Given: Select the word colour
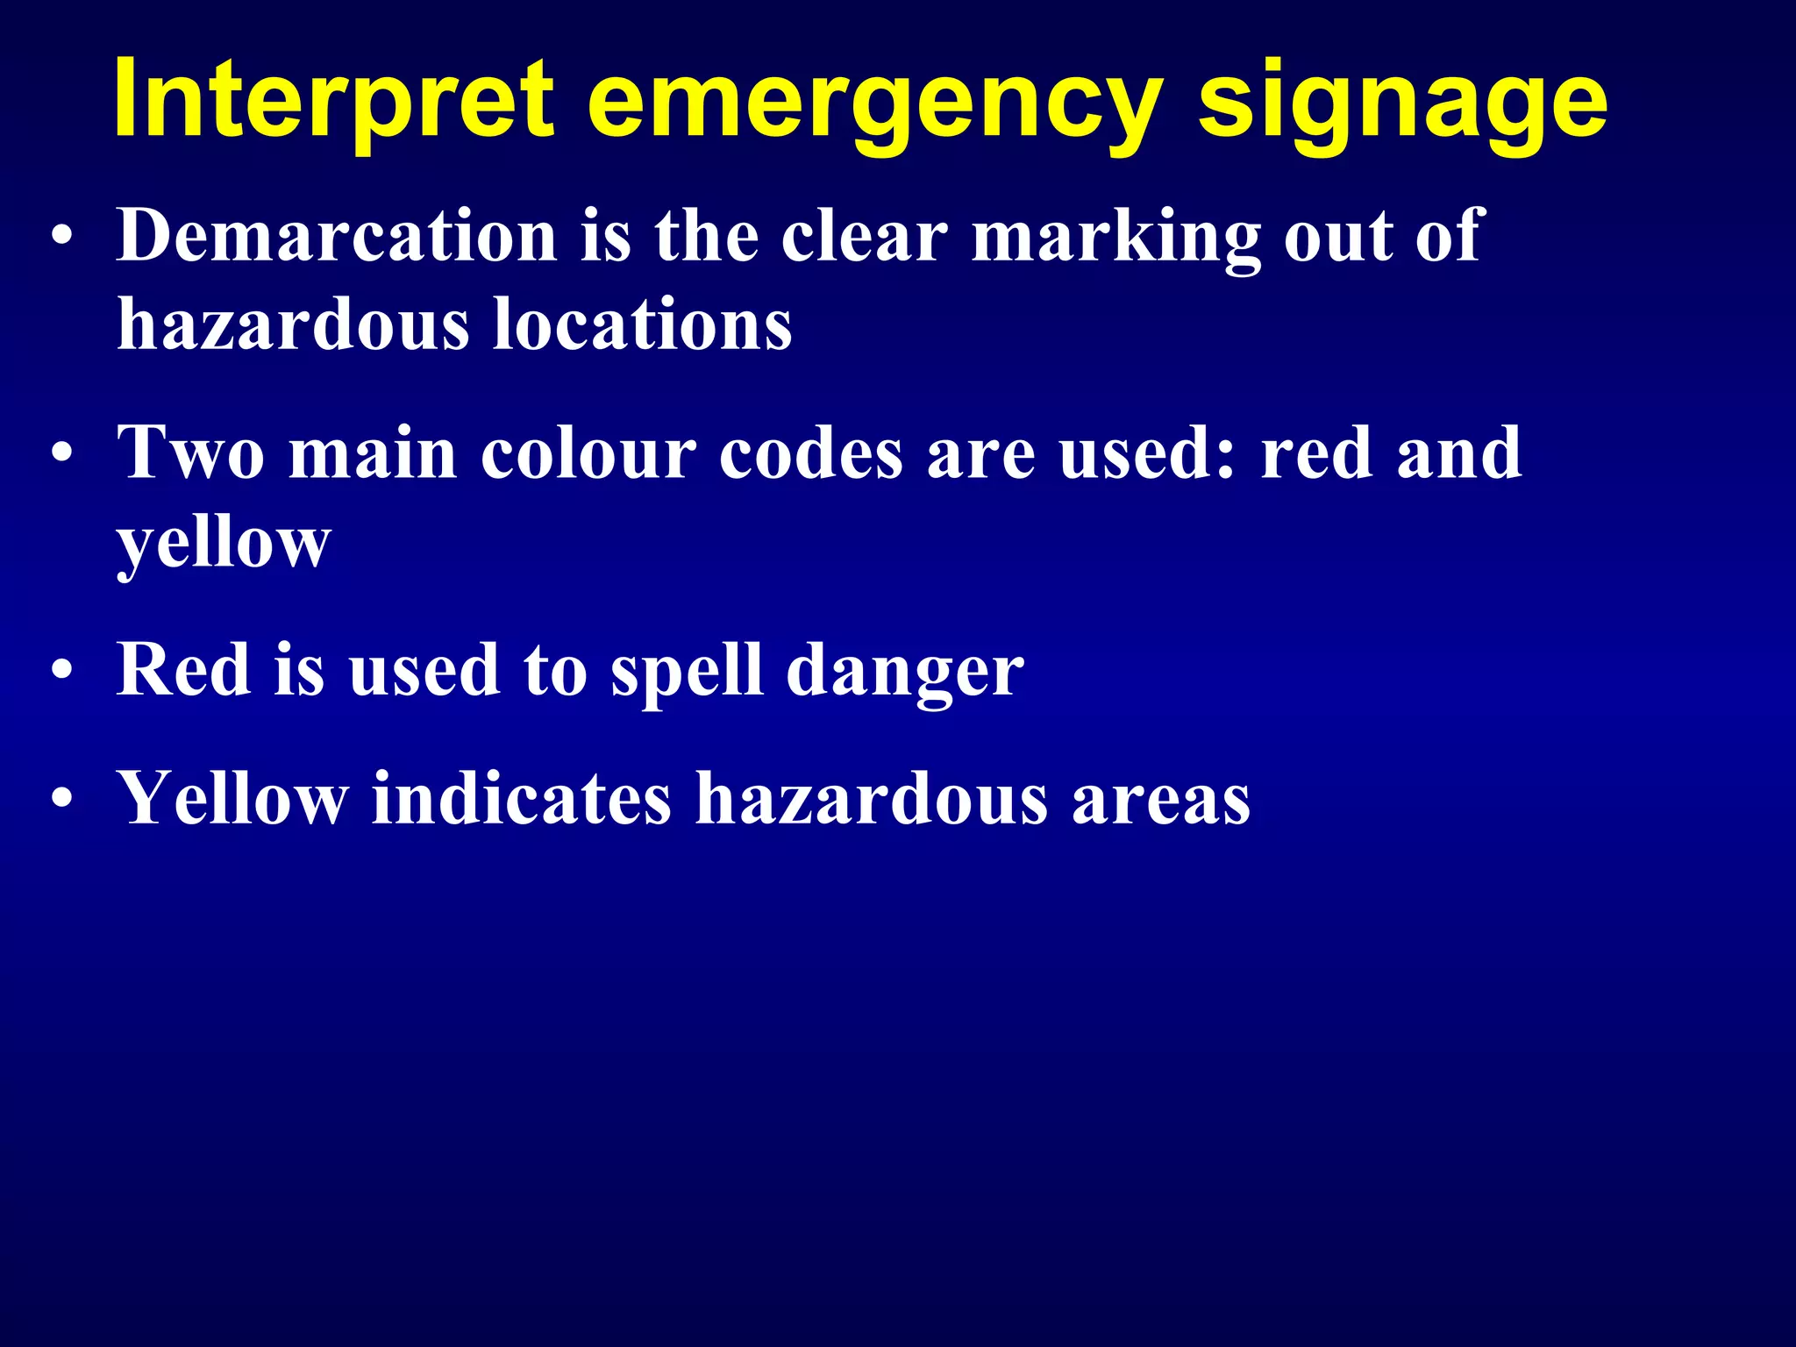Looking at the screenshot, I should pos(588,454).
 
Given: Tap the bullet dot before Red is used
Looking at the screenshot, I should pos(61,672).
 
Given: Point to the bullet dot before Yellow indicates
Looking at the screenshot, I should pos(61,800).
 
